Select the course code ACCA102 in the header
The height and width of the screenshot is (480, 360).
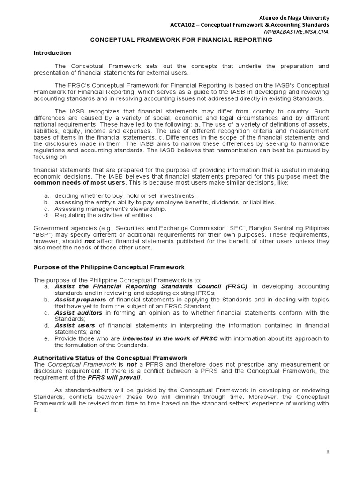tap(181, 24)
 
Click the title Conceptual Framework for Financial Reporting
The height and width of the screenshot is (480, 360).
tap(181, 40)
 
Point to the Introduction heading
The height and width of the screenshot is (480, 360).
tap(52, 53)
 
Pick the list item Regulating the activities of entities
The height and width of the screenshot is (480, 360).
tap(104, 215)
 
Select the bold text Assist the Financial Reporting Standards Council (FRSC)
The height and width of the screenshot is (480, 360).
tap(151, 286)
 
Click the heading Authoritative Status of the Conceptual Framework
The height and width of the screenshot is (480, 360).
tap(110, 358)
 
